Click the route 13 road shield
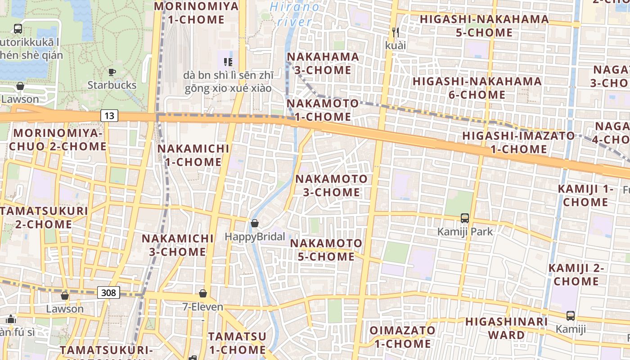(x=109, y=116)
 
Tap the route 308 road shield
(x=108, y=293)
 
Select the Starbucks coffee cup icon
(x=112, y=72)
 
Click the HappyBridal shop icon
(x=255, y=223)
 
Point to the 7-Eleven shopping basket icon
(x=203, y=293)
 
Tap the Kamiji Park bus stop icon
(x=465, y=218)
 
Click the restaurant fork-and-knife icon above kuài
(x=396, y=32)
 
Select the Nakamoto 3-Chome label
(x=331, y=185)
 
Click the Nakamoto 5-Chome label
(x=326, y=250)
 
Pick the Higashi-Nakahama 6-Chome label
(x=477, y=88)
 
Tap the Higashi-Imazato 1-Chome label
(x=518, y=142)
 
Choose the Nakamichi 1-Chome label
(x=193, y=155)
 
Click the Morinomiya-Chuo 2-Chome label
(x=58, y=140)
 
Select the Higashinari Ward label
(x=507, y=328)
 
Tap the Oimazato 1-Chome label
(x=402, y=337)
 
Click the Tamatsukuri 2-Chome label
(x=44, y=217)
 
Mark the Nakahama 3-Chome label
(x=323, y=63)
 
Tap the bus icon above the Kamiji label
(x=571, y=315)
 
